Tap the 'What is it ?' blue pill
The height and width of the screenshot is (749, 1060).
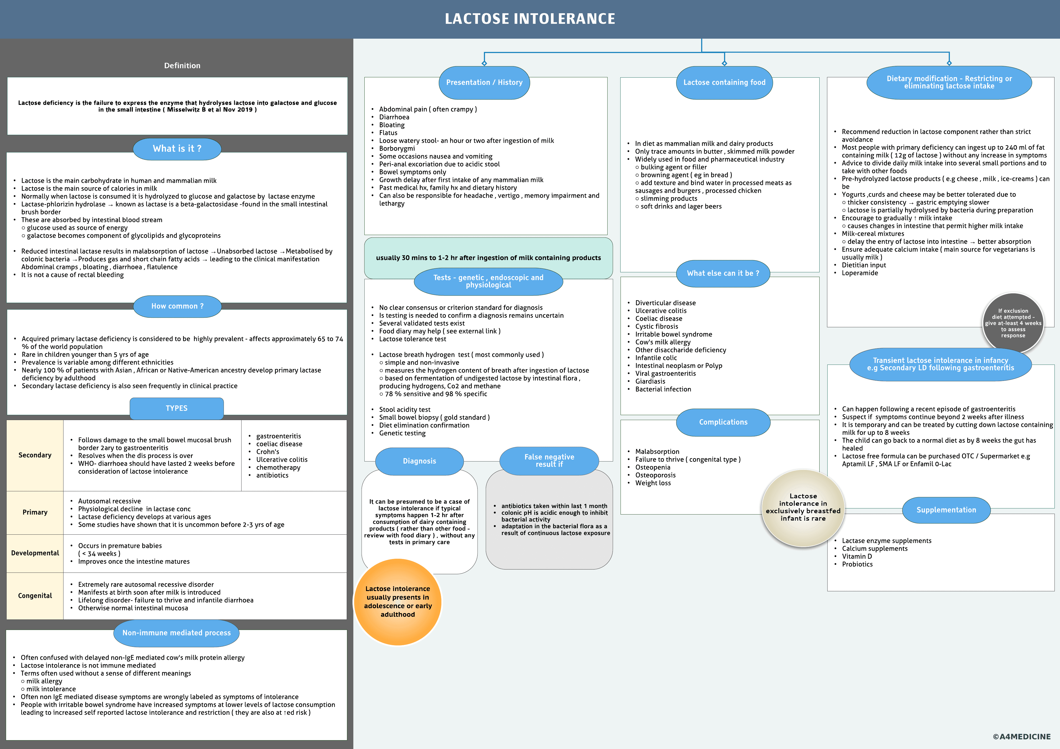click(177, 149)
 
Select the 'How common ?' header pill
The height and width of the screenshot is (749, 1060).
click(177, 306)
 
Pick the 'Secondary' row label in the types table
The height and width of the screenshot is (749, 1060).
click(35, 455)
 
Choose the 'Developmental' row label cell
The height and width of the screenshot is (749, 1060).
click(35, 553)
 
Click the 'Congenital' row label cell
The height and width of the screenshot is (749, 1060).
click(35, 596)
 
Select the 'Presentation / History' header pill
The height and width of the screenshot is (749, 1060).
click(484, 83)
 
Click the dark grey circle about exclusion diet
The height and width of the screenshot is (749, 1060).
click(1013, 323)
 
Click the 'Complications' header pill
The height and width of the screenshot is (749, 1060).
click(723, 422)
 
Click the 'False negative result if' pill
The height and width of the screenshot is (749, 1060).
click(549, 460)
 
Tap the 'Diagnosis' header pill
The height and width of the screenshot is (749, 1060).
click(419, 461)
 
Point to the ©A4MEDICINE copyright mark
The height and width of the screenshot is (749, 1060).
click(1021, 737)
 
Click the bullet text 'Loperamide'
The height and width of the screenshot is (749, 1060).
click(860, 273)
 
